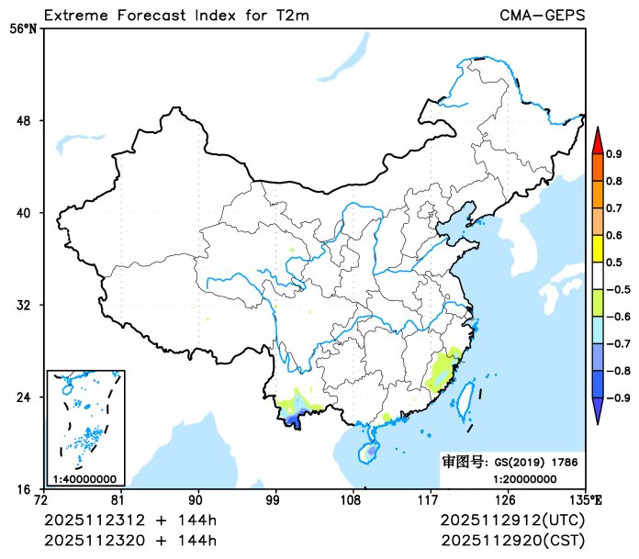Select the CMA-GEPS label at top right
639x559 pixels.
tap(542, 16)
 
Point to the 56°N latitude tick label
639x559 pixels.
tap(24, 28)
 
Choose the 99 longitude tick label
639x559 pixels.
tap(274, 500)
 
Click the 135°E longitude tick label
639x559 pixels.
tap(585, 500)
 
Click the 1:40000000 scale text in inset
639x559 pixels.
tap(84, 478)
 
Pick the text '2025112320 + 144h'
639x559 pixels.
tap(130, 538)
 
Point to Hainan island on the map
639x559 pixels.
tap(368, 452)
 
